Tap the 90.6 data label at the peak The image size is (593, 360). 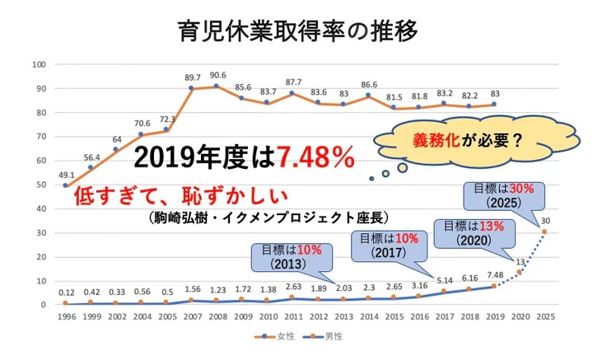[217, 75]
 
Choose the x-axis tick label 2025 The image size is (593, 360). [544, 316]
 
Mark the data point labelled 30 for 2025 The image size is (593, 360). [544, 231]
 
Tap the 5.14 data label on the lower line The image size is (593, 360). [444, 281]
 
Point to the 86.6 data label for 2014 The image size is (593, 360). [368, 85]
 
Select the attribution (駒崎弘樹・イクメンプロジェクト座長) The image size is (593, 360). [268, 217]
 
